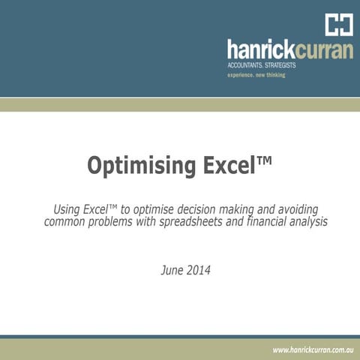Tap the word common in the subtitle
coord(67,222)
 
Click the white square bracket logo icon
coord(338,24)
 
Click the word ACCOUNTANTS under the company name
coord(251,66)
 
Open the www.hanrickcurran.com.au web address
coord(313,349)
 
